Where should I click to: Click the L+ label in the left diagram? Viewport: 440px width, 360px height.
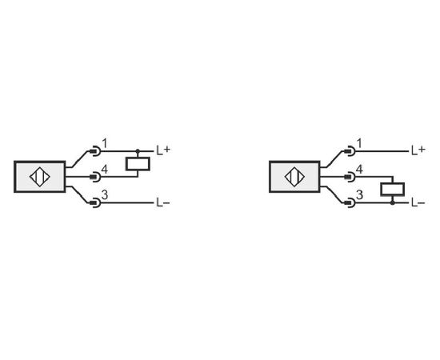coord(163,150)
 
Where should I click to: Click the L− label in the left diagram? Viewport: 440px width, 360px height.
coord(163,203)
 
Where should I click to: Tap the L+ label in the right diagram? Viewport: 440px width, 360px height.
coord(418,150)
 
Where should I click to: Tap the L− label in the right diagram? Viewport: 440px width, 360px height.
coord(418,203)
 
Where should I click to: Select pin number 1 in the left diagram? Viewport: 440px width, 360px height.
coord(105,144)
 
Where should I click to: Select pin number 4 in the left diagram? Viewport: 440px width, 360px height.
coord(104,170)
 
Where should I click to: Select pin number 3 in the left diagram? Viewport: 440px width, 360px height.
coord(105,195)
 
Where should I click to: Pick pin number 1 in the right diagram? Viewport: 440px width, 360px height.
coord(359,144)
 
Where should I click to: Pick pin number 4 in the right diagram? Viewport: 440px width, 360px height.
coord(359,170)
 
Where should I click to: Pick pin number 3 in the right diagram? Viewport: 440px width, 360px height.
coord(359,195)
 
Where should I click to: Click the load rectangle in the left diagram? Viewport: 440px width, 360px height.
coord(138,164)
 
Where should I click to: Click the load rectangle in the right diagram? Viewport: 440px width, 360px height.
coord(393,190)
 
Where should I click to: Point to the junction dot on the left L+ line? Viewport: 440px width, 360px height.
coord(138,151)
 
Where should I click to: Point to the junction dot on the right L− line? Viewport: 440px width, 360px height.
coord(393,202)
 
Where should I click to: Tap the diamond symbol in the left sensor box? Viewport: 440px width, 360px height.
coord(40,177)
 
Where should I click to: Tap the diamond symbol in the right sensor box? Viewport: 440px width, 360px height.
coord(294,177)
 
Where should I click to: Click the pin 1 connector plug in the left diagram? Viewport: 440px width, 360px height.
coord(95,151)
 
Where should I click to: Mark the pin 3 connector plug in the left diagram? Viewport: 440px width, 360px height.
coord(95,203)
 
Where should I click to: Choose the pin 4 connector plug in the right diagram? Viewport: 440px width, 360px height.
coord(350,177)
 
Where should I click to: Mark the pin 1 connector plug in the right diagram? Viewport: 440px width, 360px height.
coord(350,151)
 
